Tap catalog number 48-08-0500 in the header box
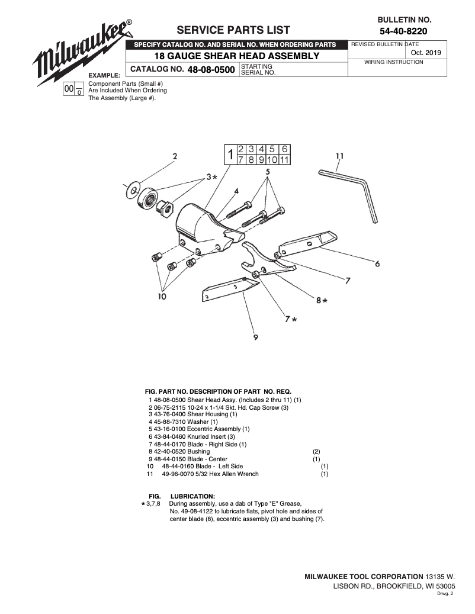coord(211,70)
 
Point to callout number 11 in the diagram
coord(339,157)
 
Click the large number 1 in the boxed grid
coord(229,155)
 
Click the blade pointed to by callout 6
coord(308,243)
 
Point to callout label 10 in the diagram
coord(162,295)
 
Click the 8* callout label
coord(321,300)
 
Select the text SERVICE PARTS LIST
coord(233,31)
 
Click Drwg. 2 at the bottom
coord(445,593)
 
